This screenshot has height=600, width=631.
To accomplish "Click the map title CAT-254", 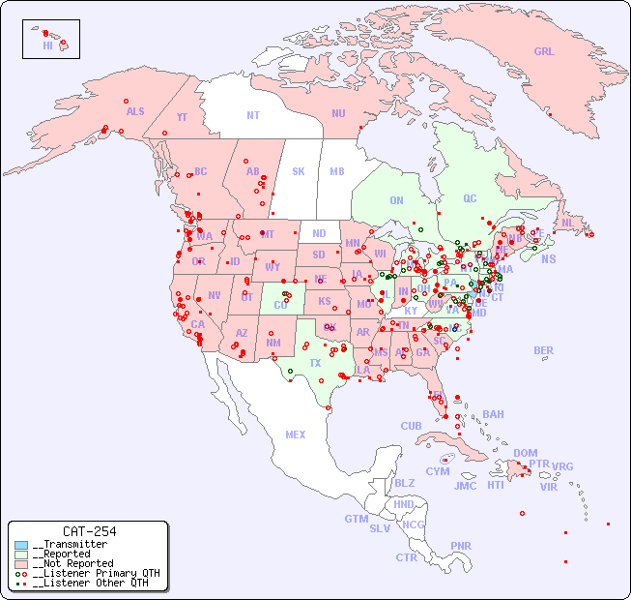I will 89,531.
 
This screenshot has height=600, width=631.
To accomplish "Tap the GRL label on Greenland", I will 544,51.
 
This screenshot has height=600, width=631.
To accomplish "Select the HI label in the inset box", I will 47,45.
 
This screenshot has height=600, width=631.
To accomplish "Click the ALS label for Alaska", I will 135,111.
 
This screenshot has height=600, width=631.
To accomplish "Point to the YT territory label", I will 182,116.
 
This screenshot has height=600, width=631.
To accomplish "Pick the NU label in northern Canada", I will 338,113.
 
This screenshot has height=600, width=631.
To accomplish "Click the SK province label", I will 299,171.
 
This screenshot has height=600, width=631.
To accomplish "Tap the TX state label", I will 315,363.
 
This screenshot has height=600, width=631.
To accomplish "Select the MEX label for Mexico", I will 296,435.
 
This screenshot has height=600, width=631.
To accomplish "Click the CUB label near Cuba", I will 411,426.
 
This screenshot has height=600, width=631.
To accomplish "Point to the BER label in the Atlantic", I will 544,350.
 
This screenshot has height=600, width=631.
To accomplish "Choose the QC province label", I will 470,198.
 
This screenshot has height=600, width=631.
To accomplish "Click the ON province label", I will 396,200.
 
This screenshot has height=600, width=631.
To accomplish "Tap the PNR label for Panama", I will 461,546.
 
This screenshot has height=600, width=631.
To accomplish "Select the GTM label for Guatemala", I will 357,519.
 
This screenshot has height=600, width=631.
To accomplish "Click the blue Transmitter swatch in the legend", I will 21,545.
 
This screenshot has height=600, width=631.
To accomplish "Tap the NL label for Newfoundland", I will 568,222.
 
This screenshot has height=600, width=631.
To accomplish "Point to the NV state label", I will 215,295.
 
